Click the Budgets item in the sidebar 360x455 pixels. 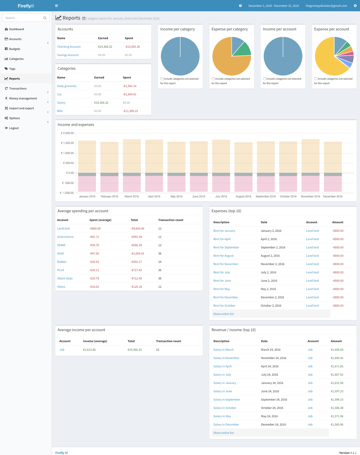tap(14, 49)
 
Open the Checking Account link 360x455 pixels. tap(69, 47)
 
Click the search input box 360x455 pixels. tap(23, 18)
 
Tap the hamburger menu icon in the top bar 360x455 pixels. tap(56, 6)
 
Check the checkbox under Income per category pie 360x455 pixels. tap(162, 79)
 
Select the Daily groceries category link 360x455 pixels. tap(67, 86)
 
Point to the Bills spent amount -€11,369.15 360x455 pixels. tap(130, 111)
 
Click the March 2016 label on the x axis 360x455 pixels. tap(132, 197)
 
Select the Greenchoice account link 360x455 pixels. tap(65, 237)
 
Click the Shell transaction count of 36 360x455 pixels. tap(160, 254)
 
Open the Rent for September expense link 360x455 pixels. tap(226, 248)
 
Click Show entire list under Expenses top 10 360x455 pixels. tap(223, 314)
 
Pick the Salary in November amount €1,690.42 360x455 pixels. tap(337, 358)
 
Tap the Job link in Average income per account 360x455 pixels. tap(62, 350)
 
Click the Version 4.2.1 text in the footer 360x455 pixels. tap(348, 453)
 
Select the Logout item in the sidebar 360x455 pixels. tap(14, 128)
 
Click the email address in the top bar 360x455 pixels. tap(326, 6)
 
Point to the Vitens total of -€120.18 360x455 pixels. tap(136, 287)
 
